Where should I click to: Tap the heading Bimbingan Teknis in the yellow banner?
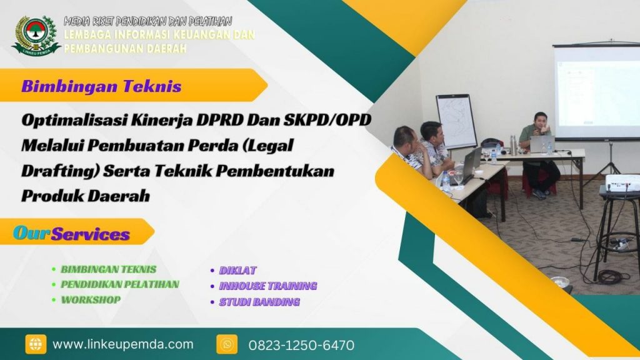tap(101, 86)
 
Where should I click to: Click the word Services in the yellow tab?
tap(91, 234)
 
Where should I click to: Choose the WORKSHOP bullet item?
tap(90, 299)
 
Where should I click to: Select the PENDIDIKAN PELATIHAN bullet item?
tap(119, 284)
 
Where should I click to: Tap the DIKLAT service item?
tap(237, 271)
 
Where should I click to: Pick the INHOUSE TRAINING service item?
tap(267, 286)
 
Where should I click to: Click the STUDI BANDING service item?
tap(259, 302)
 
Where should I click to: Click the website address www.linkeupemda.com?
tap(123, 344)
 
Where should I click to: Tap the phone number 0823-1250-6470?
tap(301, 345)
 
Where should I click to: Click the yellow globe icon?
tap(36, 344)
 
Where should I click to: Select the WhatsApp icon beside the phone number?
tap(227, 344)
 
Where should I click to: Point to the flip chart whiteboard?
tap(456, 121)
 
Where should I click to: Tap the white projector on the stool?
tap(622, 183)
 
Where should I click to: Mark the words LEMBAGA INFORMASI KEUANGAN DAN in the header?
tap(159, 35)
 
